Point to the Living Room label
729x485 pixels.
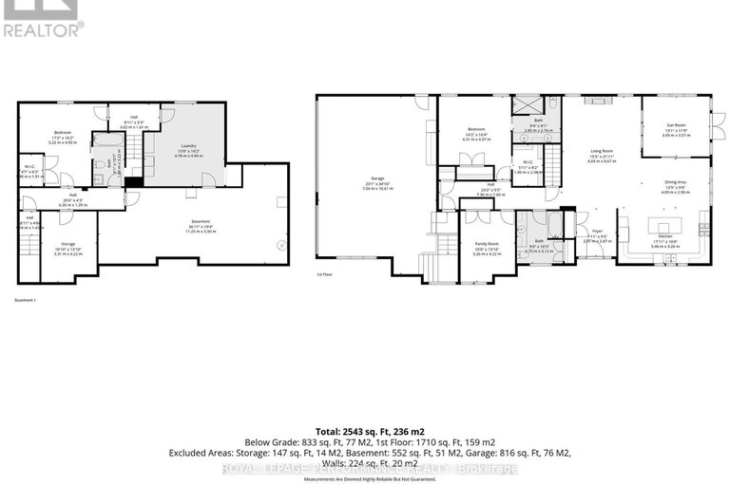[600, 151]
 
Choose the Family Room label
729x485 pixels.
[488, 244]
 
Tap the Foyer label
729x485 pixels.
[597, 231]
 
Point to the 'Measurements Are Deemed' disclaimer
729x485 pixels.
[365, 478]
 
